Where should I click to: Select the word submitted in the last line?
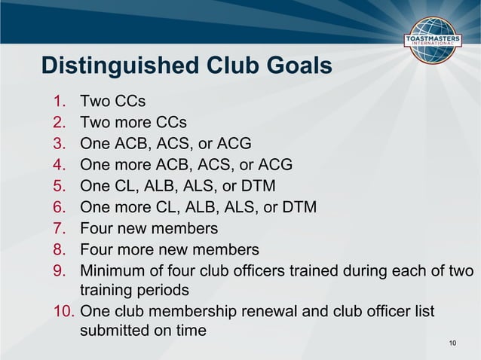click(116, 331)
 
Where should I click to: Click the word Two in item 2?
click(95, 122)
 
